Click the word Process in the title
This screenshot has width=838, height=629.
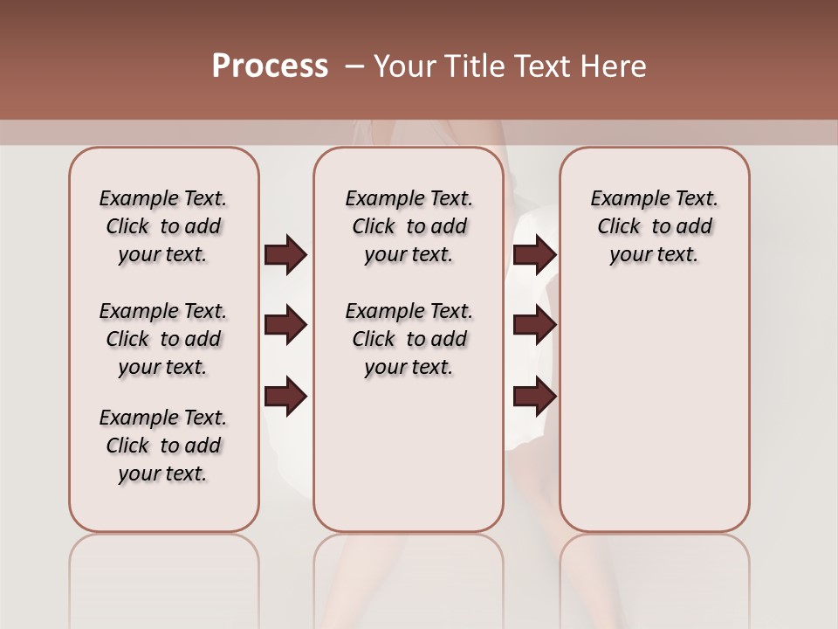270,66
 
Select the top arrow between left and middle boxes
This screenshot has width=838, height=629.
285,254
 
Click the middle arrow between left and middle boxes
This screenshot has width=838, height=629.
285,325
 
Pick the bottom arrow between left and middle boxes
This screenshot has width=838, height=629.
285,397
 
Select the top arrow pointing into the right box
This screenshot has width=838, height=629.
534,254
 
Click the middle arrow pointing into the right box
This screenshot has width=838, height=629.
534,325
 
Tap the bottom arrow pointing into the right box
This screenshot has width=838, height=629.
534,397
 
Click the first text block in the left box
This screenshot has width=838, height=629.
163,226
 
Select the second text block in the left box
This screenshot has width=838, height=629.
163,339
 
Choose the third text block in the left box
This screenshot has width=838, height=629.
163,446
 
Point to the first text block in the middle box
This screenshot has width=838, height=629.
409,226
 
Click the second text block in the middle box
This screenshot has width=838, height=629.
409,339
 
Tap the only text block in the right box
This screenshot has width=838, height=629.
654,226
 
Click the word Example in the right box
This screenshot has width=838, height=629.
626,199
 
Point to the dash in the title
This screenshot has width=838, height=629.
354,66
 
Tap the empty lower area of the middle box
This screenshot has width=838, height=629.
409,454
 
